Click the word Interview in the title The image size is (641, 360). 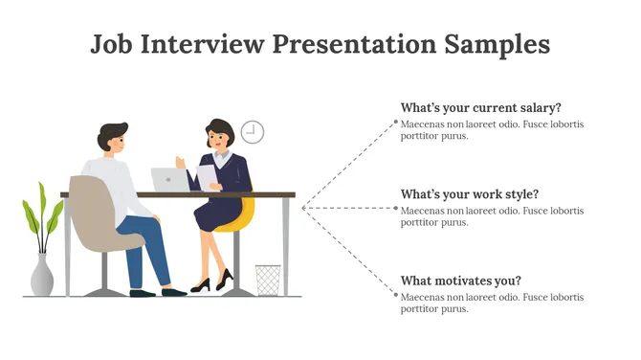coord(203,44)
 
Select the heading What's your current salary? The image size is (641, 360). coord(480,107)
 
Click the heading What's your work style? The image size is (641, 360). coord(470,193)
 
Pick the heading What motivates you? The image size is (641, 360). coord(460,281)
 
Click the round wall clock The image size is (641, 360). coord(252,132)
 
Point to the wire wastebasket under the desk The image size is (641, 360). coord(268,280)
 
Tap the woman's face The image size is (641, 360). coord(223,140)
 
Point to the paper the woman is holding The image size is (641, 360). coord(207,175)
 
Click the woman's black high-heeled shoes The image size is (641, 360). coord(212,282)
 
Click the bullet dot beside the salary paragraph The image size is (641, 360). coord(396,123)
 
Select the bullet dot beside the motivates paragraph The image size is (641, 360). coord(396,295)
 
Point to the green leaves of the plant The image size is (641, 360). coord(38,215)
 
